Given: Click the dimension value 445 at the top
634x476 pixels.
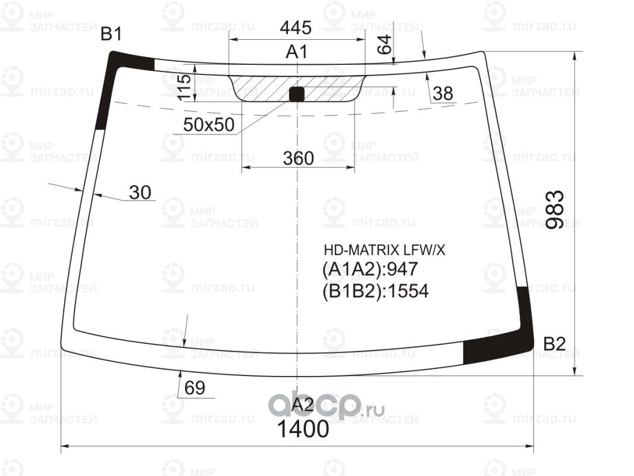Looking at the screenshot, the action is [x=296, y=27].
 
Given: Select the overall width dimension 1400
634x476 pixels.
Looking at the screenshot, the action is [x=303, y=429].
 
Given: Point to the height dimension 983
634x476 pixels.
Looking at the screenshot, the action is [x=554, y=210].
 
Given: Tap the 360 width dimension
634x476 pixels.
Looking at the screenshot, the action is [x=299, y=158].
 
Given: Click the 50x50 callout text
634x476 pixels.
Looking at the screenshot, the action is [x=209, y=124].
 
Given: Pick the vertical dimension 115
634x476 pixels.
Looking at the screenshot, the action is [x=184, y=87].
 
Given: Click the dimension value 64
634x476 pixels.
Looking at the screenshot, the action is [x=385, y=45].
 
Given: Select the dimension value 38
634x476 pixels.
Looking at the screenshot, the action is [x=442, y=93].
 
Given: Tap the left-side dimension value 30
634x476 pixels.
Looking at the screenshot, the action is [x=140, y=193].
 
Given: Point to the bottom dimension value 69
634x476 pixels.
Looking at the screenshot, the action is [x=194, y=388].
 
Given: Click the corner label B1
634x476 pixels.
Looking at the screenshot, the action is [x=111, y=35].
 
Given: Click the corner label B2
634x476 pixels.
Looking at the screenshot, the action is [x=554, y=344].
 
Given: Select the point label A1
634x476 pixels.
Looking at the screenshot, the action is [x=297, y=52].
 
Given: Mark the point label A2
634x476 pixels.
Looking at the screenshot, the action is [x=303, y=405].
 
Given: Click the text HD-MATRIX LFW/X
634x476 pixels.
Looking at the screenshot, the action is [x=384, y=250].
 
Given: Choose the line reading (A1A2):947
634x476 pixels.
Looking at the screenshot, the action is [x=369, y=270].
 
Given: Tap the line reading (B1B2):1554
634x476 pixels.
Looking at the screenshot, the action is [x=375, y=291].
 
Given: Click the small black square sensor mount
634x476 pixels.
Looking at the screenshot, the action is [x=296, y=94].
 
